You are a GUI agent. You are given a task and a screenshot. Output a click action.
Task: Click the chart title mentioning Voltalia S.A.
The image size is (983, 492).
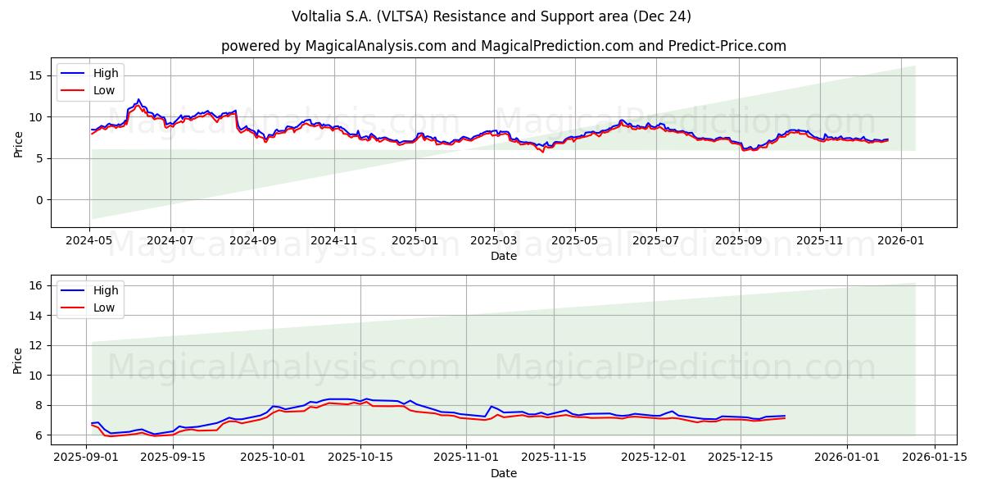[x=491, y=16]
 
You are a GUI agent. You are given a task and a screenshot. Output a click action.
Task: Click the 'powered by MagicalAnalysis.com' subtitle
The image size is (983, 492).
[x=503, y=46]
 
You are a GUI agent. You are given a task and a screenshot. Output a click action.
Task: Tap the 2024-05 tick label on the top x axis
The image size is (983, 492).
[x=89, y=241]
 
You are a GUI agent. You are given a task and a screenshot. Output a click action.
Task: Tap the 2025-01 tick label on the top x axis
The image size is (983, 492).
[x=414, y=241]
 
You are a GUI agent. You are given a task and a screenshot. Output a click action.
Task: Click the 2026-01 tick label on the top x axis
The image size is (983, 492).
[x=901, y=241]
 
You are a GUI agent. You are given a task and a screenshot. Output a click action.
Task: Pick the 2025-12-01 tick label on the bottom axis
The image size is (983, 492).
[x=653, y=458]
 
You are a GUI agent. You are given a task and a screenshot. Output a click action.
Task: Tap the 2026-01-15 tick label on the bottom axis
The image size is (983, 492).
[x=935, y=458]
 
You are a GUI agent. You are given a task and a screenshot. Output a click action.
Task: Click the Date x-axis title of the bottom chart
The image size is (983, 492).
[x=503, y=473]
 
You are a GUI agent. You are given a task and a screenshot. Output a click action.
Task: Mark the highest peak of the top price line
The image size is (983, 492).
[x=138, y=99]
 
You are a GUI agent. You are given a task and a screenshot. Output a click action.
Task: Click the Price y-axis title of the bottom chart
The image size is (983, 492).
[x=18, y=359]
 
